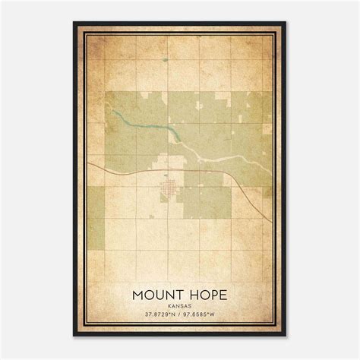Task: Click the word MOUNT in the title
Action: pyautogui.click(x=157, y=292)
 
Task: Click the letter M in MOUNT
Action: pyautogui.click(x=138, y=292)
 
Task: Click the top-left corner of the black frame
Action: pyautogui.click(x=74, y=24)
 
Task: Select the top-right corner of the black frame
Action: pyautogui.click(x=286, y=24)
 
